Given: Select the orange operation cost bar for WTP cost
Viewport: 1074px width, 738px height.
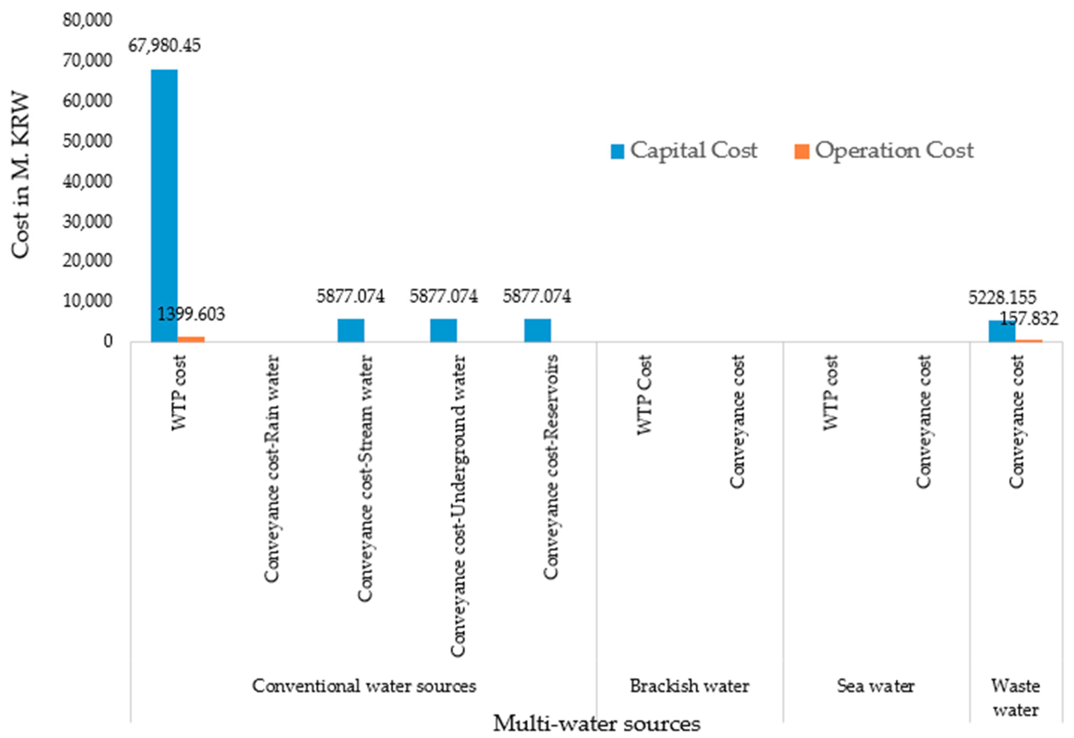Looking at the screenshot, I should [x=191, y=339].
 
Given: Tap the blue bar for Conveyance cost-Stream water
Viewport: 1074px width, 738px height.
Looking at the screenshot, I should [x=350, y=330].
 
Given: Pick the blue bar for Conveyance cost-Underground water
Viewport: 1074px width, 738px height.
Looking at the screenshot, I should [x=443, y=330].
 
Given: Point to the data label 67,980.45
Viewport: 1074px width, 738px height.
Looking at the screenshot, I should [x=164, y=46].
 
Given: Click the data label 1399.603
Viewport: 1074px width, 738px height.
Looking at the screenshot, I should [x=191, y=314].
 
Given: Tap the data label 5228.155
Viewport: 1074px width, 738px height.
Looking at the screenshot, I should [x=1002, y=297].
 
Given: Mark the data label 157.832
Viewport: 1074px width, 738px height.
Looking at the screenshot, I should [x=1029, y=318].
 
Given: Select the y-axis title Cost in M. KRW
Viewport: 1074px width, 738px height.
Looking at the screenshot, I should [x=21, y=176].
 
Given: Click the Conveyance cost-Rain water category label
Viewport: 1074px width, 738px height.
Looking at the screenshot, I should [x=272, y=468].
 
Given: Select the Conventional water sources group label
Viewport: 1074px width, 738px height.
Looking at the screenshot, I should [x=364, y=686].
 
